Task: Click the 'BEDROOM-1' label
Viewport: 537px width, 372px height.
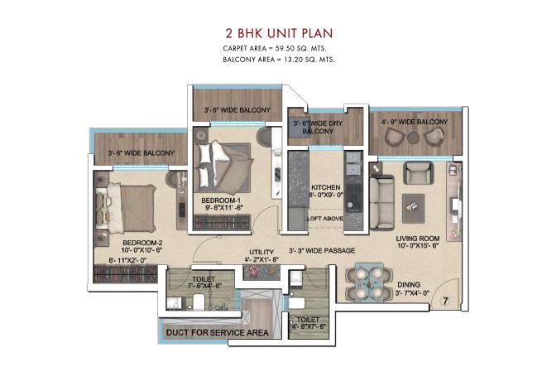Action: [221, 200]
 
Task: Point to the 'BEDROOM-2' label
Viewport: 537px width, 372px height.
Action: [115, 242]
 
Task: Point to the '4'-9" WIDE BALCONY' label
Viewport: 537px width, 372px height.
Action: [415, 123]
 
